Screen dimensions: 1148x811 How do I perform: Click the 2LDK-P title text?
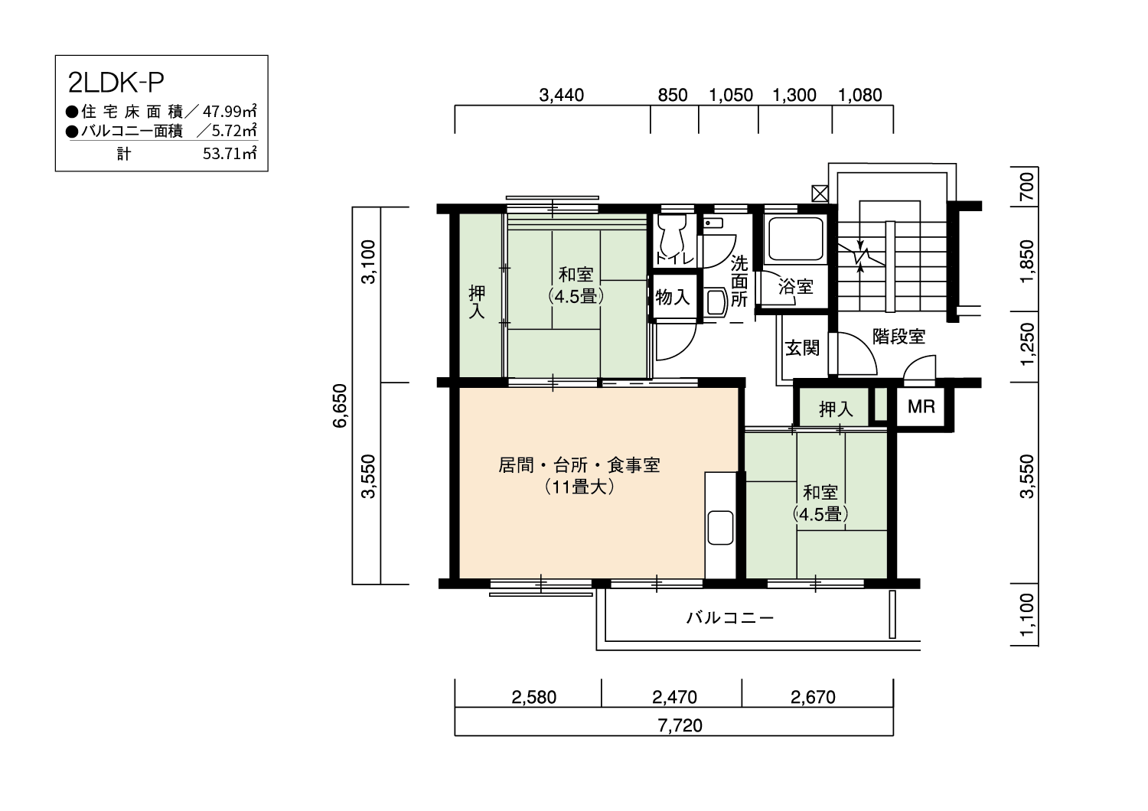pyautogui.click(x=116, y=83)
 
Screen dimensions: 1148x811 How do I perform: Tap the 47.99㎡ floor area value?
pyautogui.click(x=230, y=111)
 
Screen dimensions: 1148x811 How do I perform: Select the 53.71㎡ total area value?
pyautogui.click(x=230, y=153)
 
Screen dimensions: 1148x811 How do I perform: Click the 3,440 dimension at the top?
pyautogui.click(x=561, y=95)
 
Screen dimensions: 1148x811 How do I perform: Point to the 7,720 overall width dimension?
pyautogui.click(x=680, y=725)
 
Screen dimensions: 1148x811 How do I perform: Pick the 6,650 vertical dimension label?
pyautogui.click(x=340, y=405)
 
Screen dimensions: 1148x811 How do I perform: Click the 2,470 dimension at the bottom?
pyautogui.click(x=674, y=697)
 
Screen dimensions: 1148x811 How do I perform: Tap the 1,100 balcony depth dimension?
pyautogui.click(x=1027, y=615)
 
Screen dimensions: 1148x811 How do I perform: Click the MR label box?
pyautogui.click(x=921, y=407)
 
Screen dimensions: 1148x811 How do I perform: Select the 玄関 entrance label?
pyautogui.click(x=803, y=348)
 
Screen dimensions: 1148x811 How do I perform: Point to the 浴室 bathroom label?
pyautogui.click(x=796, y=286)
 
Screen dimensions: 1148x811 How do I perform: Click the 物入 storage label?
pyautogui.click(x=673, y=297)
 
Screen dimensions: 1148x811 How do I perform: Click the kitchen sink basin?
pyautogui.click(x=720, y=527)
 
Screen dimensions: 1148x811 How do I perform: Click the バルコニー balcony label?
pyautogui.click(x=730, y=618)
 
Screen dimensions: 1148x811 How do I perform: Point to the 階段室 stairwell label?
pyautogui.click(x=899, y=336)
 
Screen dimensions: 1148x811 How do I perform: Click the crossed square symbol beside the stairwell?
pyautogui.click(x=820, y=194)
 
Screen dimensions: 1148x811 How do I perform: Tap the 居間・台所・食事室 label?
pyautogui.click(x=579, y=465)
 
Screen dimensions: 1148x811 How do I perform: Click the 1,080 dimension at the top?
pyautogui.click(x=860, y=95)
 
